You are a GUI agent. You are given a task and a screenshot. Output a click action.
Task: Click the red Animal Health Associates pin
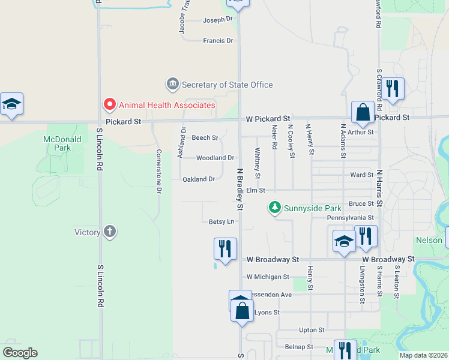click(109, 105)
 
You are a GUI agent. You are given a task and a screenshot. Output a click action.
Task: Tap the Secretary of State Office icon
click(173, 84)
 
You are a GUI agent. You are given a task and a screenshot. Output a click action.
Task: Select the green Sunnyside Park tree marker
click(275, 207)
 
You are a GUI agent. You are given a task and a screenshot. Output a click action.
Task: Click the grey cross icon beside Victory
click(109, 232)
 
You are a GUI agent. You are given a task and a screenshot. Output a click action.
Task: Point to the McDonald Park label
click(58, 143)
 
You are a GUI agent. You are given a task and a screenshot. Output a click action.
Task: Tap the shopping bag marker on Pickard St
click(363, 112)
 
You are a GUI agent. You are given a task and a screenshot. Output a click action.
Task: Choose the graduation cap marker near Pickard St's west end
click(11, 104)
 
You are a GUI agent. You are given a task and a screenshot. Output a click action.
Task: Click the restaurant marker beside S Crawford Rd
click(393, 89)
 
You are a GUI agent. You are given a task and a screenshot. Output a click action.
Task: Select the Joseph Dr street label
click(217, 19)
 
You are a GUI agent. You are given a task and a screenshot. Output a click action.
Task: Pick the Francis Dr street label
click(217, 40)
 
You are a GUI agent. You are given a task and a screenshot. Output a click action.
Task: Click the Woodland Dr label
click(215, 158)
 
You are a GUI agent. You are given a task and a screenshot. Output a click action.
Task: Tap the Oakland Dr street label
click(199, 179)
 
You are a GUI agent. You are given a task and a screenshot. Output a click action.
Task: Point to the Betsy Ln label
click(221, 221)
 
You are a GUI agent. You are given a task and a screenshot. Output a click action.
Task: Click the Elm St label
click(256, 190)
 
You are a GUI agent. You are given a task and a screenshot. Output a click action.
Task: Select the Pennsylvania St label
click(351, 217)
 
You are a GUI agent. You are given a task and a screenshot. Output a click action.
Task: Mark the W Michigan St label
click(268, 277)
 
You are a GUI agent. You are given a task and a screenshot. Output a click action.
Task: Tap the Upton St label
click(312, 329)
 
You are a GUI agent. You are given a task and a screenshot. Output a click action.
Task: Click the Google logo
click(20, 353)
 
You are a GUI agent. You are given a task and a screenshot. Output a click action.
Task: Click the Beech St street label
click(205, 137)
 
